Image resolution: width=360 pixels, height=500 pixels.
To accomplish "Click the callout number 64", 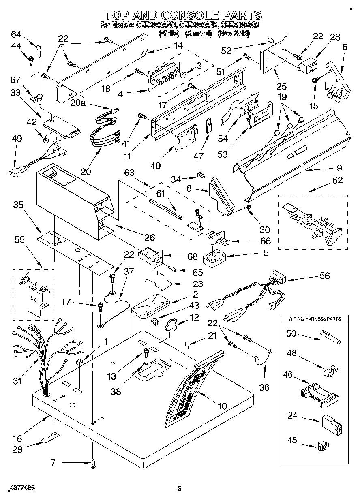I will point(16,34).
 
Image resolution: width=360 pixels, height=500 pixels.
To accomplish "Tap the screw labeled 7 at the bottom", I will point(94,464).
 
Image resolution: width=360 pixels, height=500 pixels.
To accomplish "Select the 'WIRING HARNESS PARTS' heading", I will point(314,319).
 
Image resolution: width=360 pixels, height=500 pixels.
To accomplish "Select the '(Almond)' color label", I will point(198,34).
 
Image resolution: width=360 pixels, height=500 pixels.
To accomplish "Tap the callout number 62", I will point(337,180).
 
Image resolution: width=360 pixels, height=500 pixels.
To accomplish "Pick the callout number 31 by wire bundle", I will point(17,381).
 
